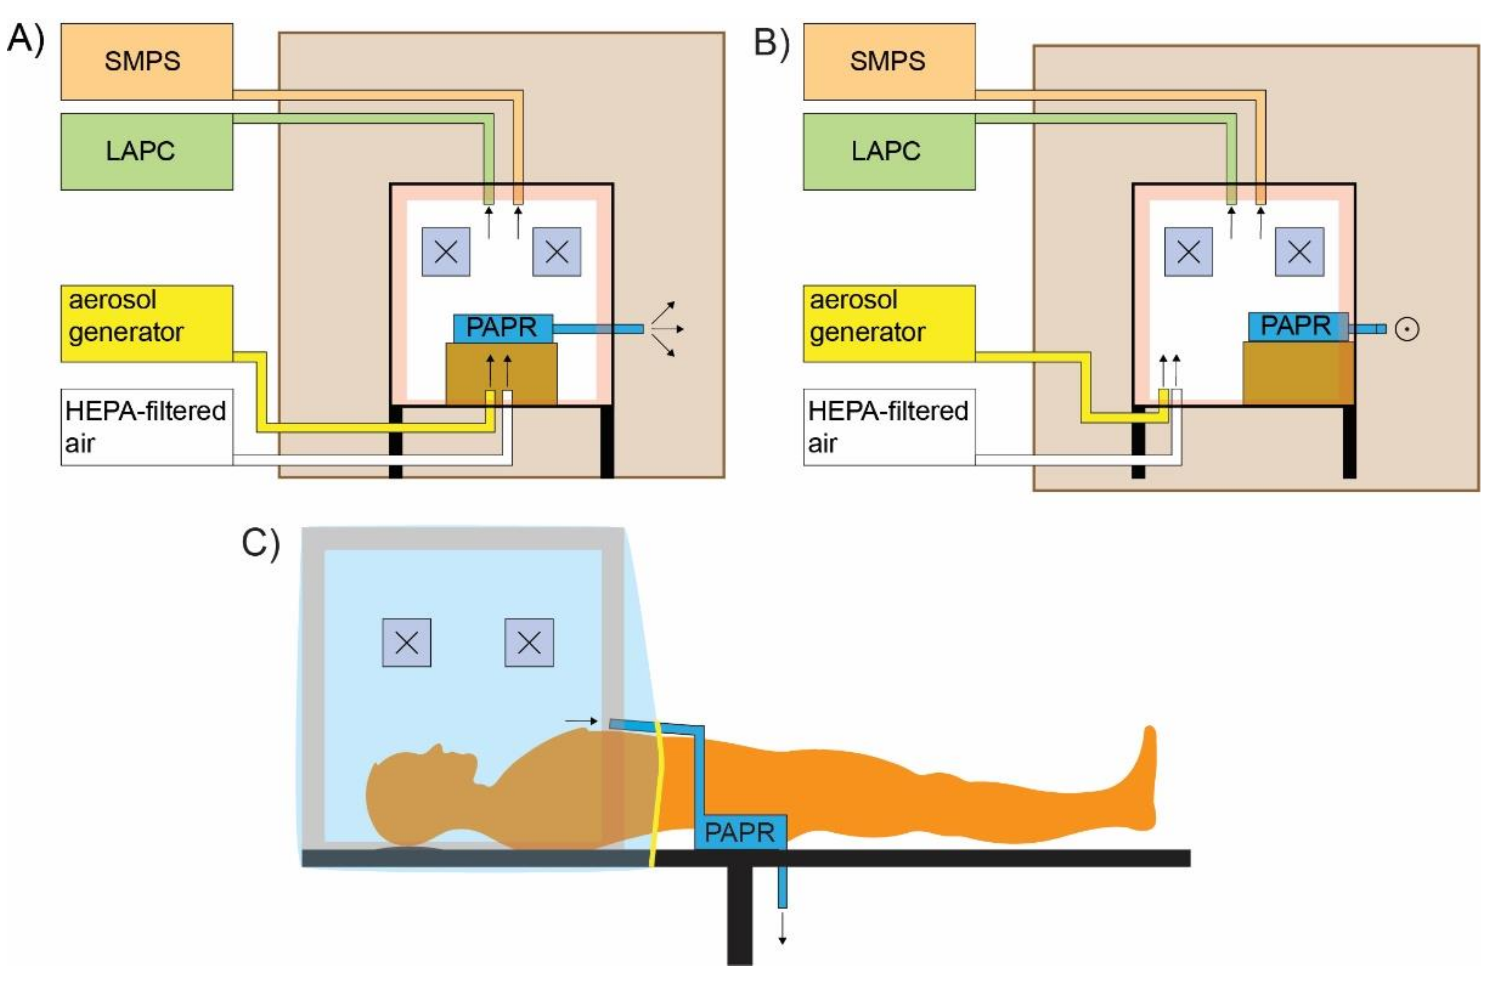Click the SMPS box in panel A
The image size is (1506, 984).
tap(146, 61)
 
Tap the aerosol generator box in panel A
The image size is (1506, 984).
tap(146, 324)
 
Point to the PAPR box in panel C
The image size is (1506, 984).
tap(740, 832)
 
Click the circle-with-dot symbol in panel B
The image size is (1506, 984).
tap(1407, 329)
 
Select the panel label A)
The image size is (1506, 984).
tap(25, 39)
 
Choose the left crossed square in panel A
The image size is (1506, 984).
tap(446, 252)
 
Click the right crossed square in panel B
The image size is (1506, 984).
tap(1299, 252)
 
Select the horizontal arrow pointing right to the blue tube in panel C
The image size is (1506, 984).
tap(581, 721)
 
